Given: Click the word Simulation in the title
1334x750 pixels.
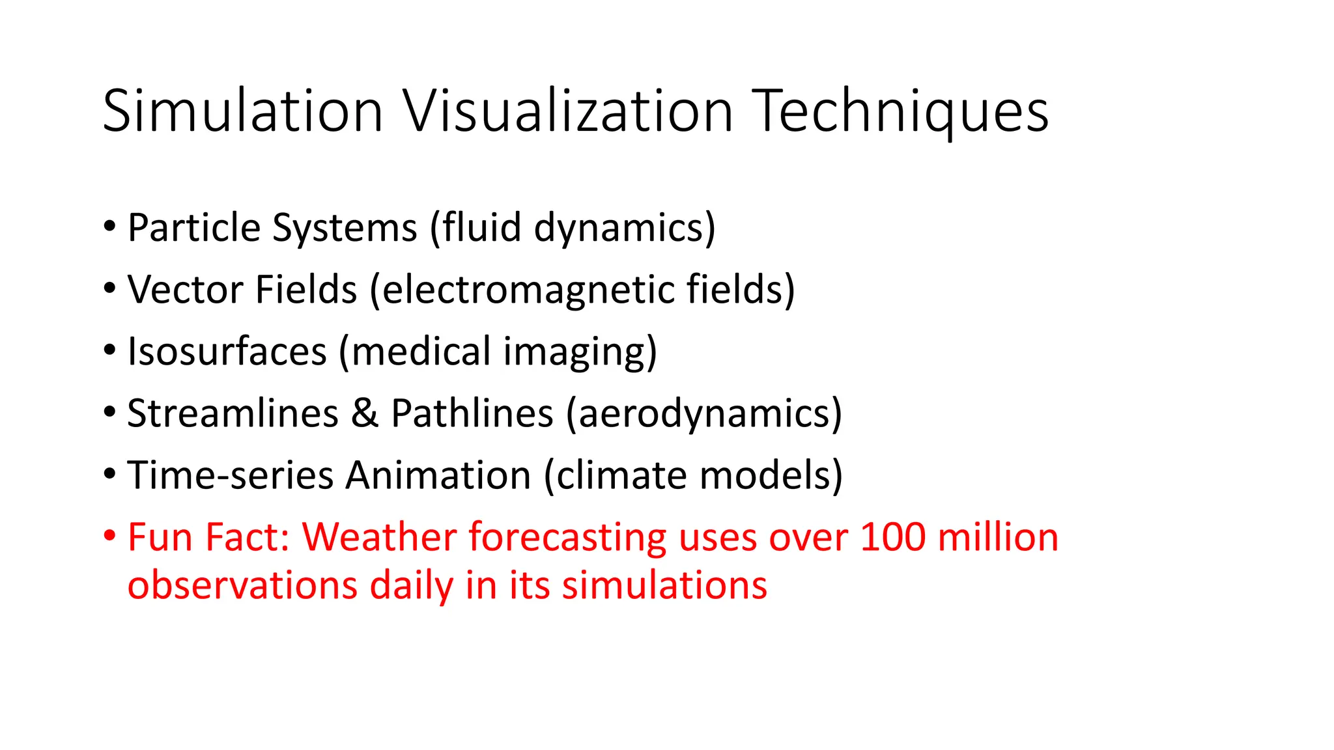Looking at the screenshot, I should pos(242,112).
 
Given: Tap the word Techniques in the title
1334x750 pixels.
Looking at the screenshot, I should pos(900,112).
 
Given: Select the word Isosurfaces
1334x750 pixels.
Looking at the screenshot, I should pos(227,352).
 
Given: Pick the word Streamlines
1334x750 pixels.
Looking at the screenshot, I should pos(233,413).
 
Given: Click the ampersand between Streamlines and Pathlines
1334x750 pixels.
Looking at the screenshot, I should pos(365,413).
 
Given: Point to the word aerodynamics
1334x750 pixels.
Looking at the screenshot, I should pos(703,413).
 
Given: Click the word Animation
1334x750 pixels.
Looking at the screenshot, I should pos(438,475).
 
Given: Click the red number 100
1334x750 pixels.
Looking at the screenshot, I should pos(892,538).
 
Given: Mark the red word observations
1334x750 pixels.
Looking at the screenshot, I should pos(242,585).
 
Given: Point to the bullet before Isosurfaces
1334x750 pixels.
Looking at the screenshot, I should pos(109,351).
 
